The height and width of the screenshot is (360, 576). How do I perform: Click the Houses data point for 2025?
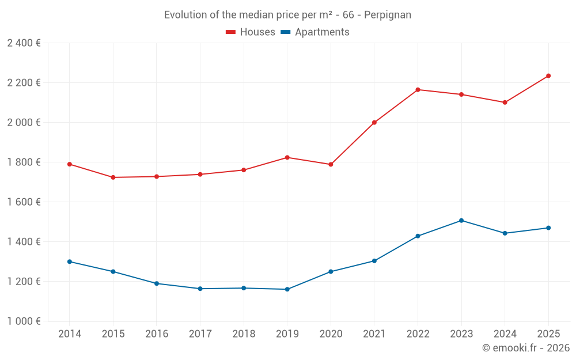(x=548, y=75)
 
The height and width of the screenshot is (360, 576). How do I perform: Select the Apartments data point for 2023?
(x=461, y=221)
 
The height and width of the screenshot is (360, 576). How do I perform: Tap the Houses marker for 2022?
(x=418, y=90)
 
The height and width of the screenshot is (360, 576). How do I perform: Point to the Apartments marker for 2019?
(x=287, y=289)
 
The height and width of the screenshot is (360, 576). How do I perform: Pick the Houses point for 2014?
(x=70, y=164)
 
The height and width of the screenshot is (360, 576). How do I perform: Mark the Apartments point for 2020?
(x=331, y=271)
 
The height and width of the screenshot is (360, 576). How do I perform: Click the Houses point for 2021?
(x=374, y=123)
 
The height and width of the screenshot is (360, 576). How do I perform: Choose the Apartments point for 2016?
(x=157, y=283)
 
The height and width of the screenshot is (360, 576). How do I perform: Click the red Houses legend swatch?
(x=231, y=32)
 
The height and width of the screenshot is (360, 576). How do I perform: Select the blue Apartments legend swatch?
(x=285, y=32)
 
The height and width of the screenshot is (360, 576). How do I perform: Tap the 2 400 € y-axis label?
(x=24, y=43)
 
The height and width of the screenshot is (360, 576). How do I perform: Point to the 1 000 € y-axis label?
(x=24, y=321)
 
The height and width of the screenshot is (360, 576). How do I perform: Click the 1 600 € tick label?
(x=24, y=202)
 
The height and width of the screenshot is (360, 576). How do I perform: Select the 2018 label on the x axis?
(x=244, y=334)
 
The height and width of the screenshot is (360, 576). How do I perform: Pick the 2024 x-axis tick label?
(x=505, y=334)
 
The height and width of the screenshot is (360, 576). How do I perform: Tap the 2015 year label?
(x=113, y=334)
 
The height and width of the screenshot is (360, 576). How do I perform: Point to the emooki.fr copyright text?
(x=526, y=348)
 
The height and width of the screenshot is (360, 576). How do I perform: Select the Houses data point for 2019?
(x=287, y=157)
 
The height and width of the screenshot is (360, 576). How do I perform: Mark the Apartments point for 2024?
(x=505, y=233)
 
